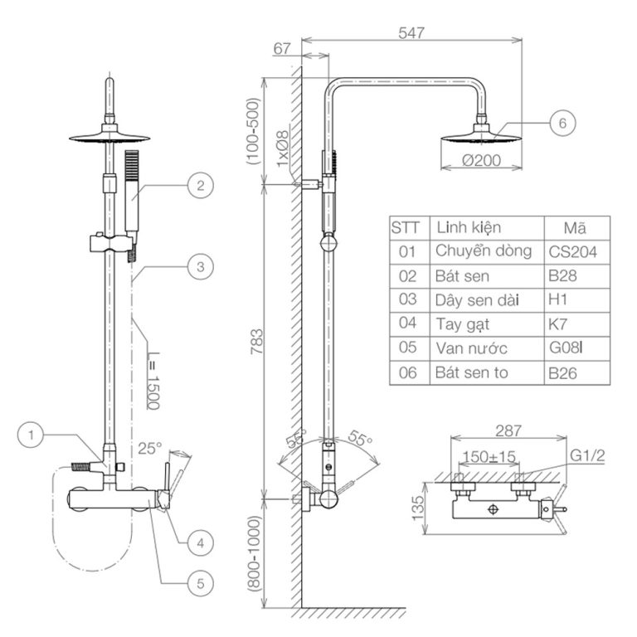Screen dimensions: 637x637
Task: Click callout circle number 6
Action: [x=562, y=124]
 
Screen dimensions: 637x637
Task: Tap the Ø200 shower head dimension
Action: [x=481, y=161]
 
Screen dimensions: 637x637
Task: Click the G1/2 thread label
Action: [x=586, y=455]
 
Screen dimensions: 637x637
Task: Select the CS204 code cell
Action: [x=573, y=251]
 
